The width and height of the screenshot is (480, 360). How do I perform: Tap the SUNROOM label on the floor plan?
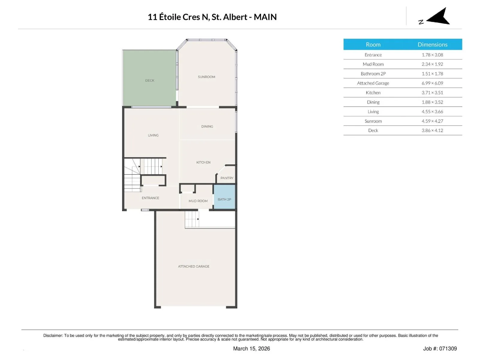click(206, 77)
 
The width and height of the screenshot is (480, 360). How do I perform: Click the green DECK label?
click(150, 80)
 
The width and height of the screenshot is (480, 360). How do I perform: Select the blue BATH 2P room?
click(224, 197)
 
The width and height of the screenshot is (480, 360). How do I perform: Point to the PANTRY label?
click(227, 178)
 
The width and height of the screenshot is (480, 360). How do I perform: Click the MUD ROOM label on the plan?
click(198, 201)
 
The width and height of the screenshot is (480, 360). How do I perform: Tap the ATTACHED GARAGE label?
click(193, 266)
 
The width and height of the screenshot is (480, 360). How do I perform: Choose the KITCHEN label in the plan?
click(203, 162)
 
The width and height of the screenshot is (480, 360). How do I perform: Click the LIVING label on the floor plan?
click(153, 135)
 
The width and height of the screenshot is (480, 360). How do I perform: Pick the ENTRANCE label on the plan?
click(151, 198)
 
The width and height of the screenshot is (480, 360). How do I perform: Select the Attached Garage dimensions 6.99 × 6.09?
click(432, 83)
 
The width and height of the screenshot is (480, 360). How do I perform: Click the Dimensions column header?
click(432, 44)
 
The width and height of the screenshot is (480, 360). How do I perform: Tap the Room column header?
click(373, 44)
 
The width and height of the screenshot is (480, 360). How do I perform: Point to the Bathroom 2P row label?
click(373, 74)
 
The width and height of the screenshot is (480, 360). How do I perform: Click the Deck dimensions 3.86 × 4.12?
click(432, 130)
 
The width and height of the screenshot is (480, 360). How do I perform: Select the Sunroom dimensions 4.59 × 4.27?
click(432, 121)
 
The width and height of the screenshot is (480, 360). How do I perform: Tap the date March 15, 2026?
click(251, 348)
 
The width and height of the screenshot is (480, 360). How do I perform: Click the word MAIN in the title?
click(265, 17)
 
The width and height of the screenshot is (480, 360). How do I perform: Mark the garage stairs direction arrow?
click(198, 219)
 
